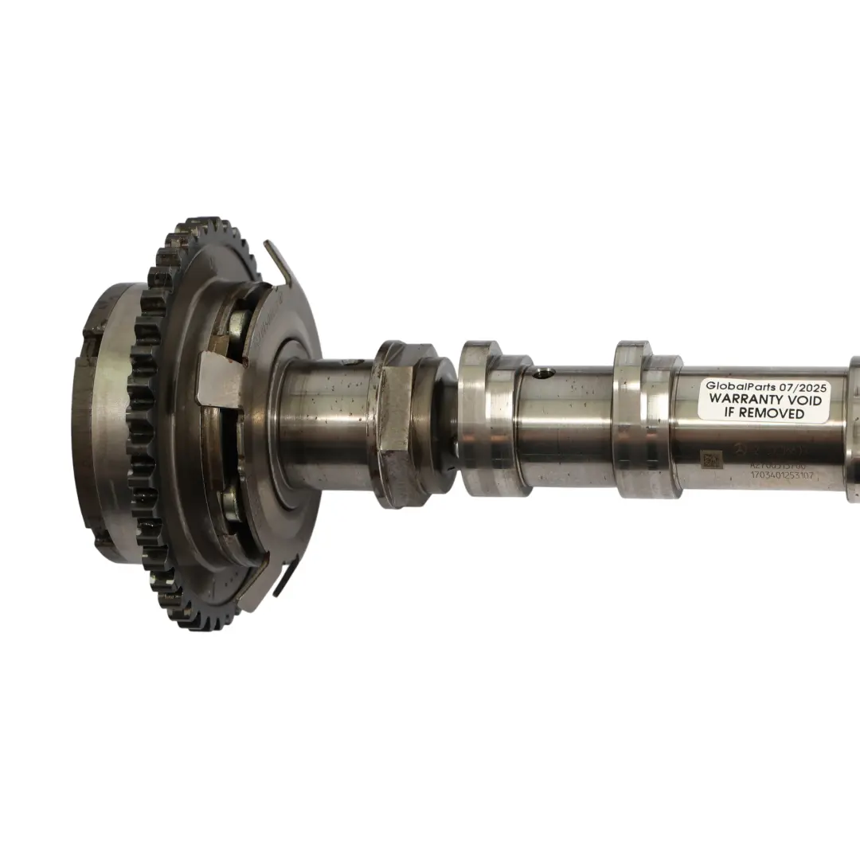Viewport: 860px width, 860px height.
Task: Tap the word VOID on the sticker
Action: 802,400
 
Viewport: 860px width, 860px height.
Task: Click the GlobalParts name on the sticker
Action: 740,386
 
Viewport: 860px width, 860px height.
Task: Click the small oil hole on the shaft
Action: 544,373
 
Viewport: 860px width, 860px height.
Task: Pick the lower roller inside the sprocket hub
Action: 231,503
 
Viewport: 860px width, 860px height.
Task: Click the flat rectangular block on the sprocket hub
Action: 219,380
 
